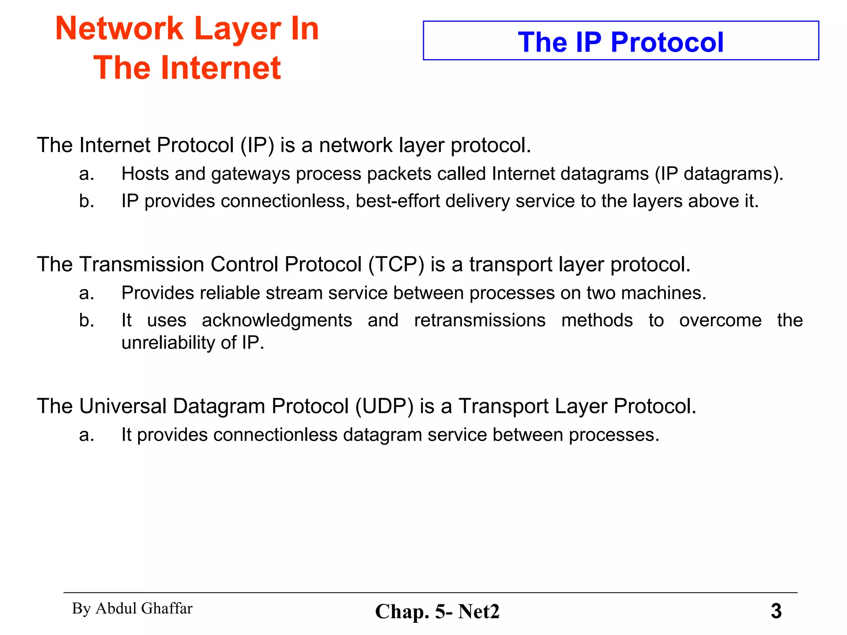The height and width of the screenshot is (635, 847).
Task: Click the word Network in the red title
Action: coord(119,29)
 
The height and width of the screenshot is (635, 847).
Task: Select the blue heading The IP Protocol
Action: coord(620,42)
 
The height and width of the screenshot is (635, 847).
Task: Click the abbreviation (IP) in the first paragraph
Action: coord(257,145)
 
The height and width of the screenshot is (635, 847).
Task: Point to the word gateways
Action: coord(251,174)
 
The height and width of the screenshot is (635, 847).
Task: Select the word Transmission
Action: coord(141,264)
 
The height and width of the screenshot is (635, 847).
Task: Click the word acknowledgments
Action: coord(277,320)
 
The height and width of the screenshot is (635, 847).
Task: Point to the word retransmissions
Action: coord(480,320)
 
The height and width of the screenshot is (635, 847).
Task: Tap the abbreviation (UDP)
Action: coord(384,406)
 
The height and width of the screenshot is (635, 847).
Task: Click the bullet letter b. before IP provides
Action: coord(86,201)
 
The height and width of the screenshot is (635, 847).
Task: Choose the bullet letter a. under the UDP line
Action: coord(86,435)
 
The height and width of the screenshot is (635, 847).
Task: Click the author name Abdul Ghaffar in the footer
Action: coord(144,609)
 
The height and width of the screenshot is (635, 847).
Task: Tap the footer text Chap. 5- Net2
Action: coord(437,611)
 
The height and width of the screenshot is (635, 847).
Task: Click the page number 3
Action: coord(776,611)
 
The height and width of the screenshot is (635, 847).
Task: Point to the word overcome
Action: coord(720,320)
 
